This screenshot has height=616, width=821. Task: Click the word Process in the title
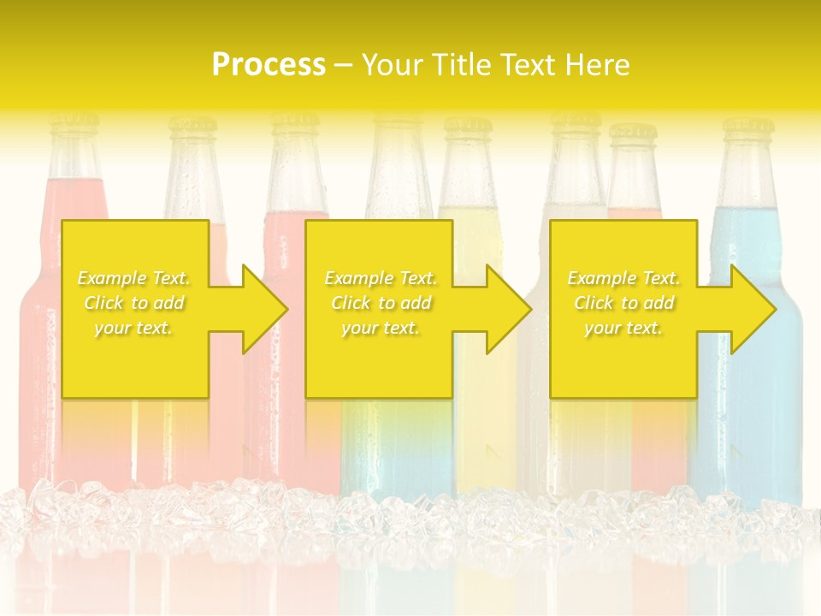pyautogui.click(x=269, y=65)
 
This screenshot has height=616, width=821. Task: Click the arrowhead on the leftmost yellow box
pyautogui.click(x=257, y=309)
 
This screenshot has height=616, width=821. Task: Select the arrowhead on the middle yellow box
pyautogui.click(x=500, y=309)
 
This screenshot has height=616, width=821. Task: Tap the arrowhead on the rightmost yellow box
pyautogui.click(x=744, y=309)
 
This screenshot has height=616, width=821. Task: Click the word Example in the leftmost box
pyautogui.click(x=111, y=278)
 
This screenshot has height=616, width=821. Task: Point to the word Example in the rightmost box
pyautogui.click(x=601, y=278)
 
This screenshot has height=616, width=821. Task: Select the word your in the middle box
pyautogui.click(x=359, y=328)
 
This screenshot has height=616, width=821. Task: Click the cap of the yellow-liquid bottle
pyautogui.click(x=467, y=126)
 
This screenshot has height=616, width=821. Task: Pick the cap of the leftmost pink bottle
pyautogui.click(x=74, y=123)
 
